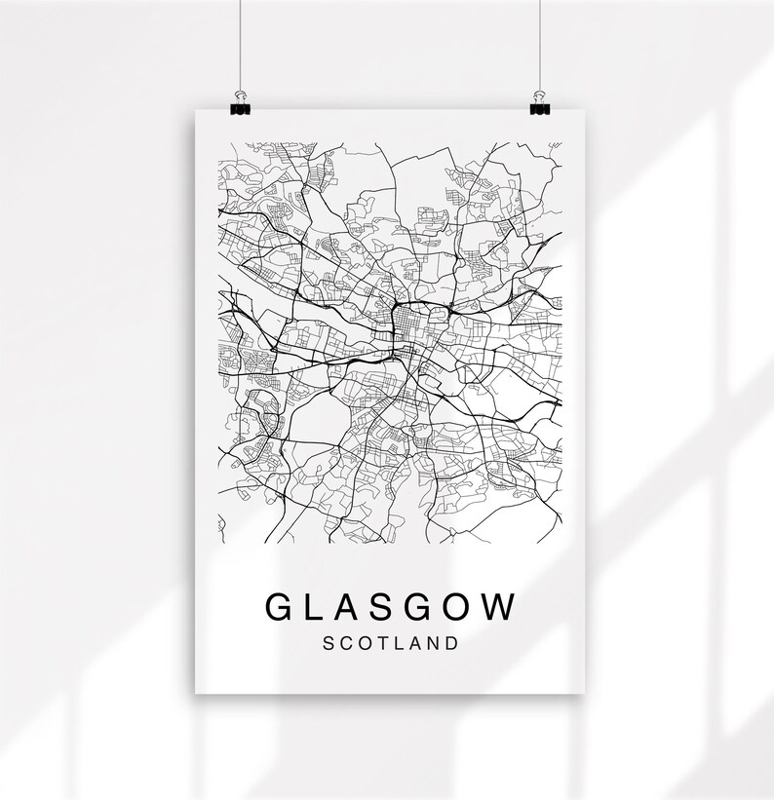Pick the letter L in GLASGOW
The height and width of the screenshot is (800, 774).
(316, 606)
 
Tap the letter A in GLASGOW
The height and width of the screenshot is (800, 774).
(350, 606)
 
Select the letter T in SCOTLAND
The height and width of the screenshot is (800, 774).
(381, 643)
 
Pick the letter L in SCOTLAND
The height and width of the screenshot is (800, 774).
(398, 643)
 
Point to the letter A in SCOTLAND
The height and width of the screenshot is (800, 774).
(413, 643)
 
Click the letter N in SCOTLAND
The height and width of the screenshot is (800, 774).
(432, 643)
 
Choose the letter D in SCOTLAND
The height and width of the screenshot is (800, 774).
(450, 643)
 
